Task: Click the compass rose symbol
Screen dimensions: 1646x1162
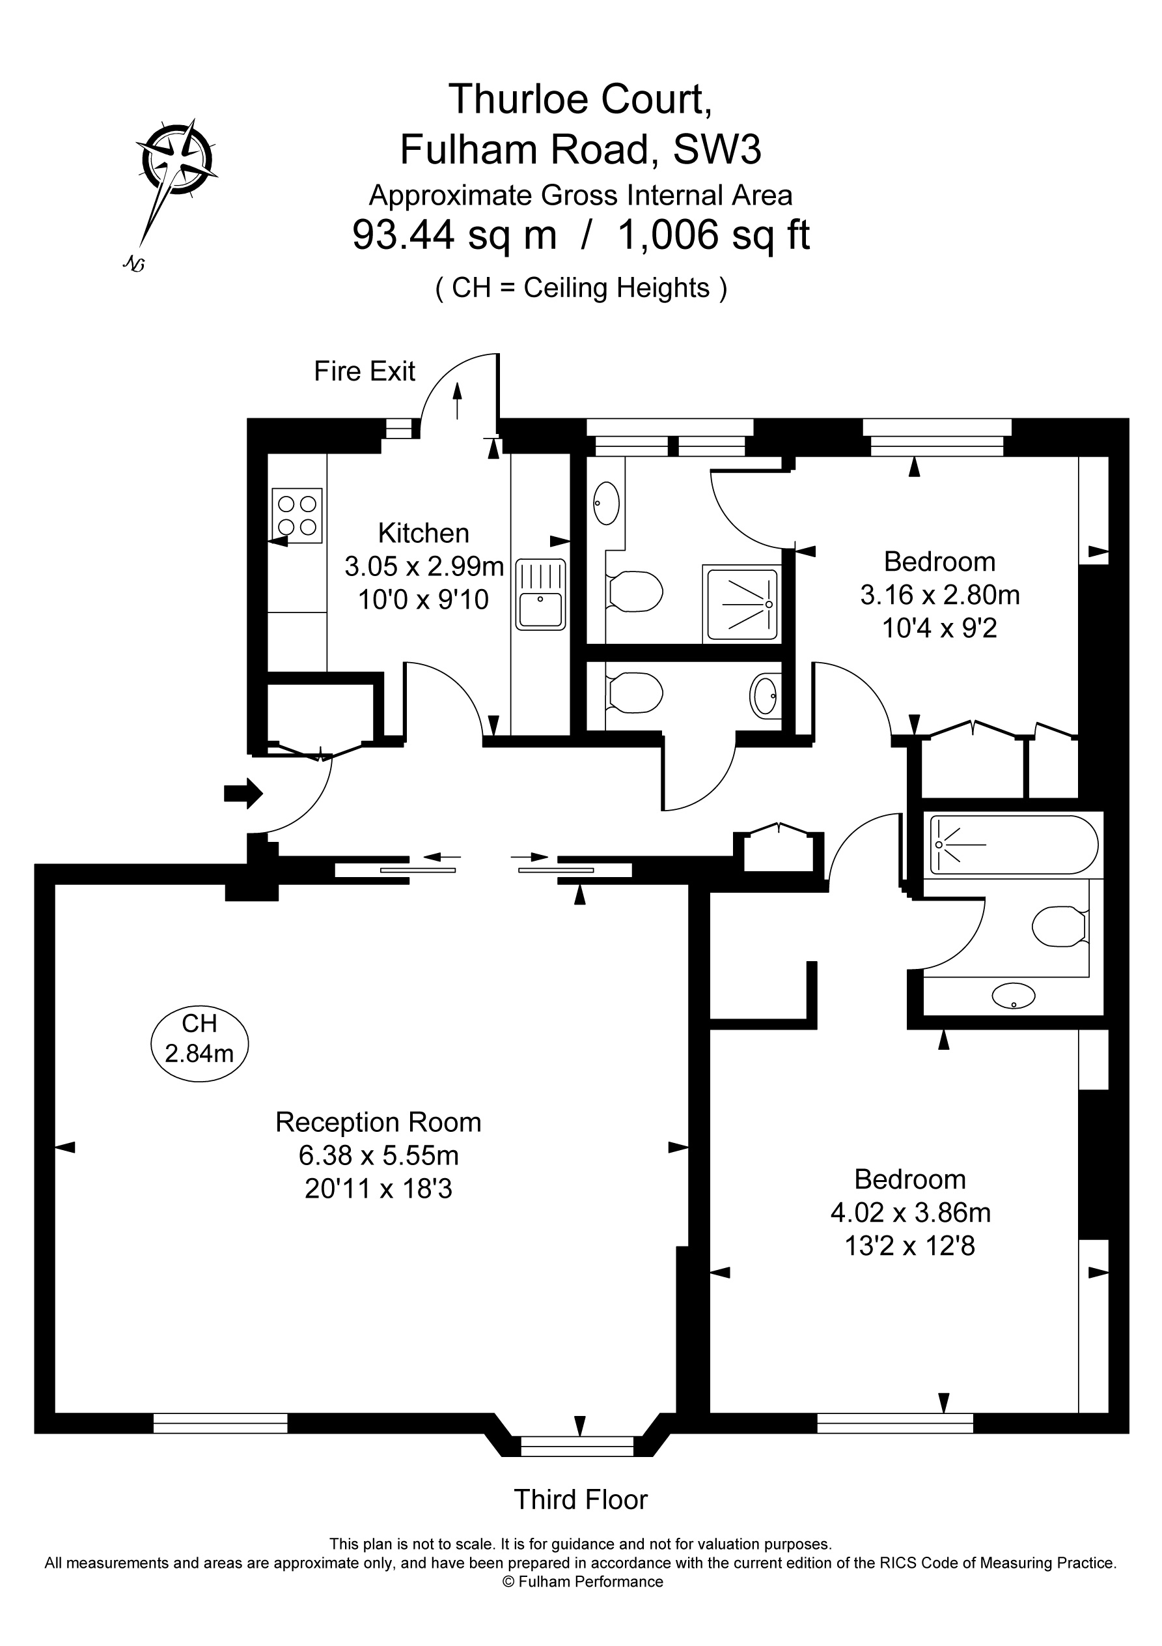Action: click(x=177, y=157)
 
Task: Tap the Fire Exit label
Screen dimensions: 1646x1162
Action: click(x=364, y=371)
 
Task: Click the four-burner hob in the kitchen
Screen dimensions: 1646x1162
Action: click(x=297, y=515)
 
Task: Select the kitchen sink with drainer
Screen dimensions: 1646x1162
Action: click(x=540, y=594)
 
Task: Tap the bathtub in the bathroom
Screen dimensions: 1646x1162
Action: click(x=1013, y=845)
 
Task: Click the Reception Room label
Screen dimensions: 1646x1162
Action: click(x=378, y=1122)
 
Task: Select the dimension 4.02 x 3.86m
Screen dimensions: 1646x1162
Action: click(x=910, y=1212)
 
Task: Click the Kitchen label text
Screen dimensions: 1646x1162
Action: click(x=423, y=534)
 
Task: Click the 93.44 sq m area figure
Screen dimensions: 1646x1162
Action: click(x=454, y=235)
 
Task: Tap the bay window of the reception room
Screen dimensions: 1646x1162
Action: click(x=577, y=1447)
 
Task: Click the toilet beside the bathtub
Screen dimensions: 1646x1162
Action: click(x=1059, y=926)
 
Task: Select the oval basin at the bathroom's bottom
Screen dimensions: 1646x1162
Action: click(x=1013, y=995)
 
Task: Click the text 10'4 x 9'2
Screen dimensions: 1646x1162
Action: click(x=939, y=629)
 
